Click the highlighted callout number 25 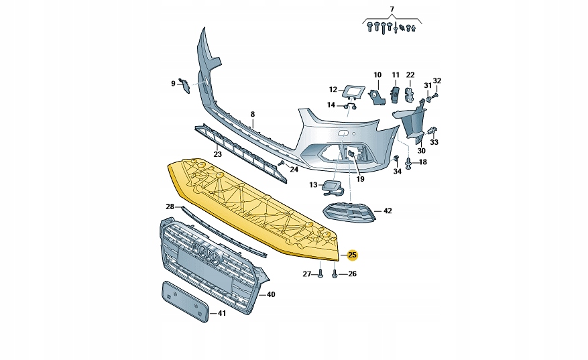click(x=353, y=255)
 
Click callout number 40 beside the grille click(x=270, y=294)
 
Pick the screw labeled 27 click(x=321, y=274)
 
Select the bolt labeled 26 click(x=335, y=274)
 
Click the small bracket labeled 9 click(x=186, y=85)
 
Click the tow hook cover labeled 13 click(x=333, y=187)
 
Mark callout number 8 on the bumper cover click(x=253, y=115)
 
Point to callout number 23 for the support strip click(x=217, y=155)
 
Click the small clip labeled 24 click(x=282, y=163)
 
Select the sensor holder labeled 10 click(x=377, y=97)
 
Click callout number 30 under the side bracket click(x=421, y=151)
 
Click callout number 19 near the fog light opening click(x=360, y=179)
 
